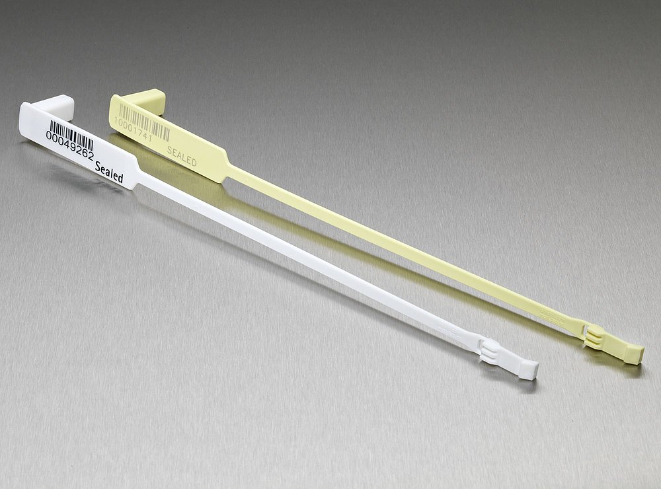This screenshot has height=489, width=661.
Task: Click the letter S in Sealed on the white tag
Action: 98,167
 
